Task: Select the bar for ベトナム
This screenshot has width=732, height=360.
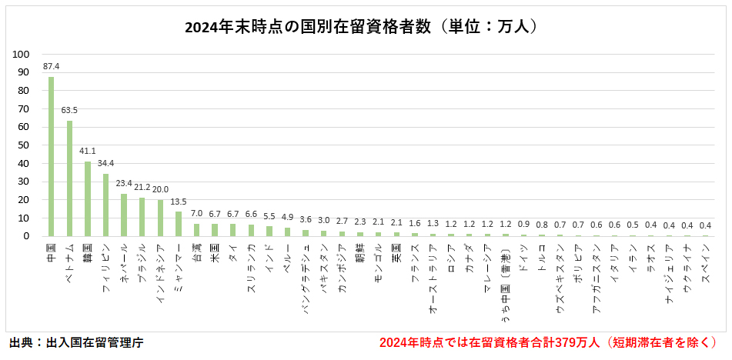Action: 69,178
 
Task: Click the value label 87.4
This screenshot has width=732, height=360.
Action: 51,67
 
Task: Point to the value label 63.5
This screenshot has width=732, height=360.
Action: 69,111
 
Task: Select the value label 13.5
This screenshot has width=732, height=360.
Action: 179,202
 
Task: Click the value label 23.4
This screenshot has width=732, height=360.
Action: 124,184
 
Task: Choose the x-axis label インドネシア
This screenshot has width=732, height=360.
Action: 160,273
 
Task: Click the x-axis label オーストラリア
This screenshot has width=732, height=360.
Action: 433,277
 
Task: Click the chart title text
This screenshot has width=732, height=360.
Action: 365,27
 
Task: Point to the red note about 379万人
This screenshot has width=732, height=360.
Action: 549,342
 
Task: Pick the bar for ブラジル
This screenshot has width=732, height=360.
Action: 142,217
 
